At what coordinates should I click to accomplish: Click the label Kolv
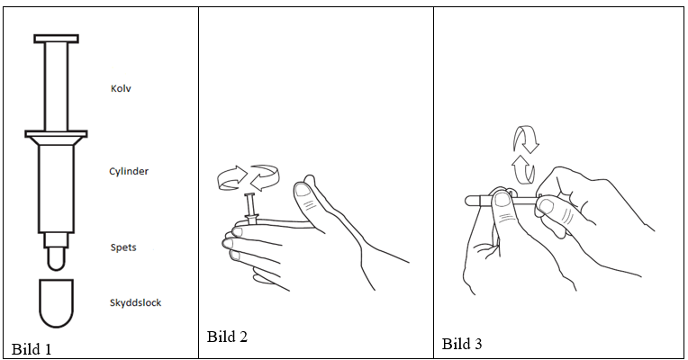point(121,88)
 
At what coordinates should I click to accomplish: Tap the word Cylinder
point(129,171)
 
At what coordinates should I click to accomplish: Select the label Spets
point(123,247)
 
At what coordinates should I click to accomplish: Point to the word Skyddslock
point(135,302)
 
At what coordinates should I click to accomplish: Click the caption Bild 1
point(32,349)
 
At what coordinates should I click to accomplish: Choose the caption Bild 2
point(227,337)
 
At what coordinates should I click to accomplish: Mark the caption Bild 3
point(462,344)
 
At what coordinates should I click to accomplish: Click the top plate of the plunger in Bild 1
point(56,39)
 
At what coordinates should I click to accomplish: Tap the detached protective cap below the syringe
point(56,303)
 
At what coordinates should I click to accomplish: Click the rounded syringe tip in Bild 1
point(56,258)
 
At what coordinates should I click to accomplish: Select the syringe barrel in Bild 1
point(56,189)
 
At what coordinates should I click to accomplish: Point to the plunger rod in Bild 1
point(56,86)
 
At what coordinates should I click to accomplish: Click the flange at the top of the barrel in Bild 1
point(56,134)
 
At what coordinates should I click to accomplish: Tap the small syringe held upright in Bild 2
point(251,208)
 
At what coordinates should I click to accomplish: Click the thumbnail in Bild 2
point(303,190)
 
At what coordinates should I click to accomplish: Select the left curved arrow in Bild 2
point(232,178)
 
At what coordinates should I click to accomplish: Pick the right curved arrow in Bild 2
point(265,177)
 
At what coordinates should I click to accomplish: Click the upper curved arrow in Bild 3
point(526,139)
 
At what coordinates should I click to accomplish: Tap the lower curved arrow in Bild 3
point(523,169)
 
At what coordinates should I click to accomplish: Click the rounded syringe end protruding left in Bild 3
point(473,202)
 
